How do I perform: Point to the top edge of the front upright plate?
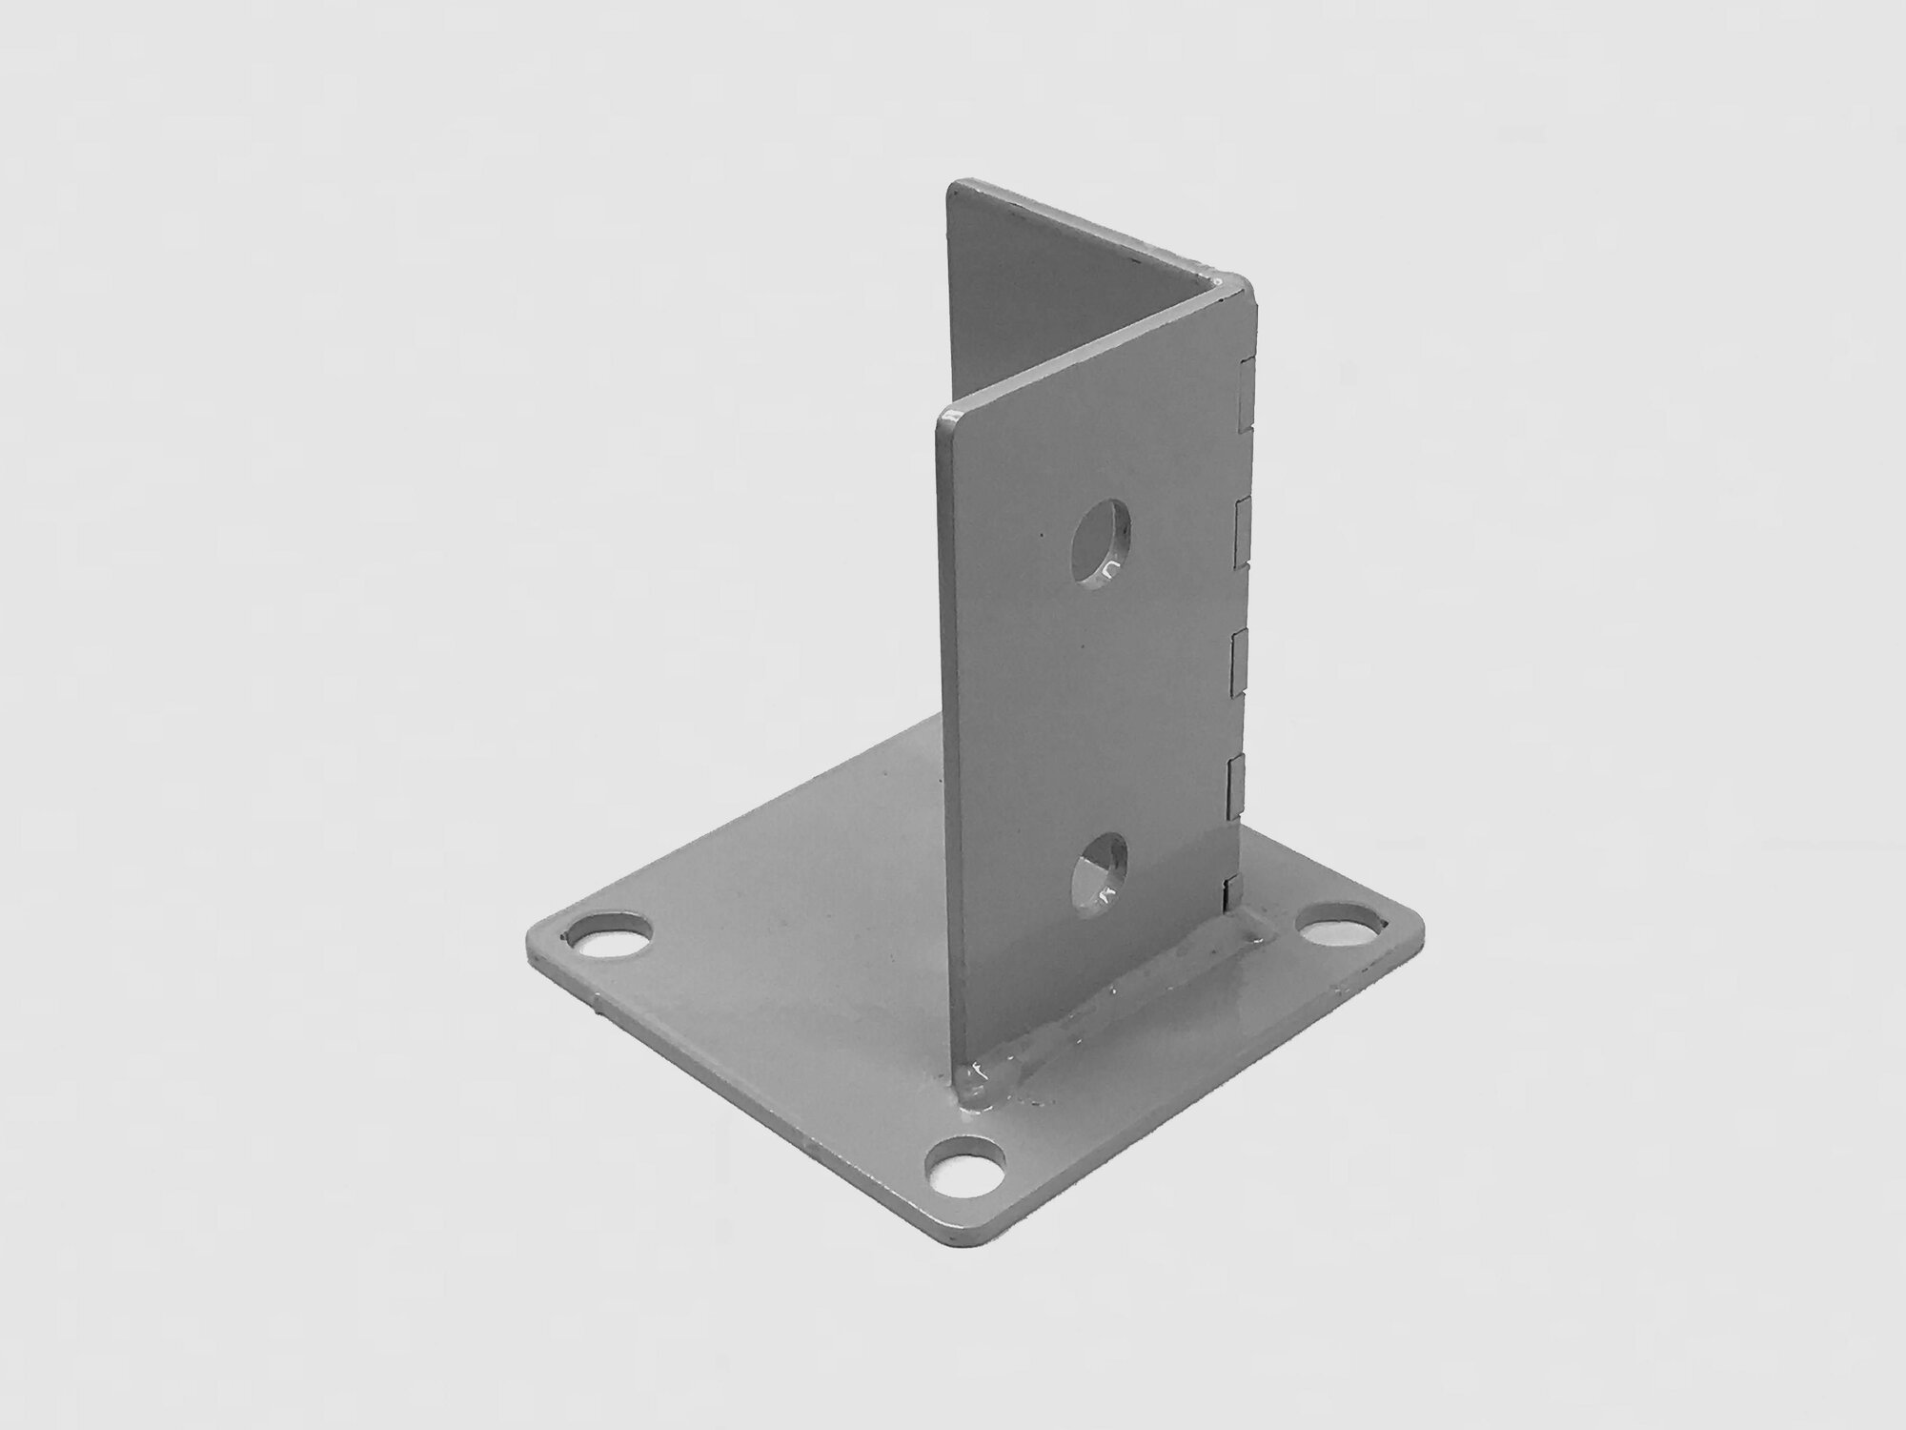[1086, 348]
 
